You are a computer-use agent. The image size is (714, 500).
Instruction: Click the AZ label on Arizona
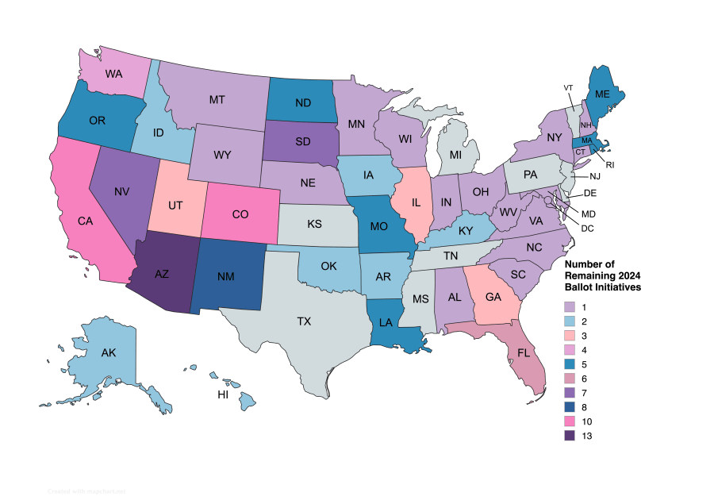[161, 274]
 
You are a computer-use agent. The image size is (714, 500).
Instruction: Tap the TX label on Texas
[304, 321]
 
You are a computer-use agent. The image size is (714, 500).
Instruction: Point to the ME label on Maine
[602, 94]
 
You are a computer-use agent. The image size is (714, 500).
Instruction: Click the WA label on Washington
[113, 74]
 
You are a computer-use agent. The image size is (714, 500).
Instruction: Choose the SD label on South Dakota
[303, 143]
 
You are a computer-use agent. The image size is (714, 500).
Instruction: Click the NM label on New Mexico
[230, 275]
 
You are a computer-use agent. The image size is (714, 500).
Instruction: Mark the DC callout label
[587, 229]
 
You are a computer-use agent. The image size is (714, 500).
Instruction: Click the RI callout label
[610, 164]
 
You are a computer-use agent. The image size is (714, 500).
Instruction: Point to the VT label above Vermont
[568, 87]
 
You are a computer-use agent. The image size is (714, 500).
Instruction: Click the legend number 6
[585, 379]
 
